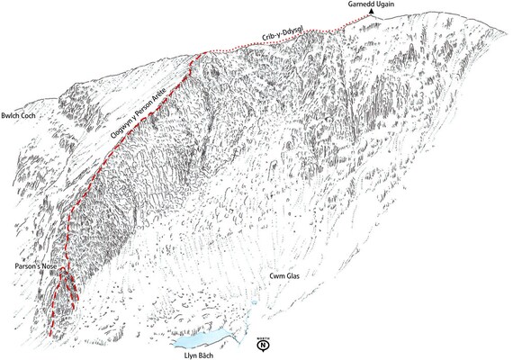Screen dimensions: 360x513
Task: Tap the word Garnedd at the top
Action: [x=357, y=4]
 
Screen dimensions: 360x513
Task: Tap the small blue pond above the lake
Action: [x=254, y=308]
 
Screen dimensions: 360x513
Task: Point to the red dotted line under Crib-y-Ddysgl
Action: [x=270, y=40]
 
